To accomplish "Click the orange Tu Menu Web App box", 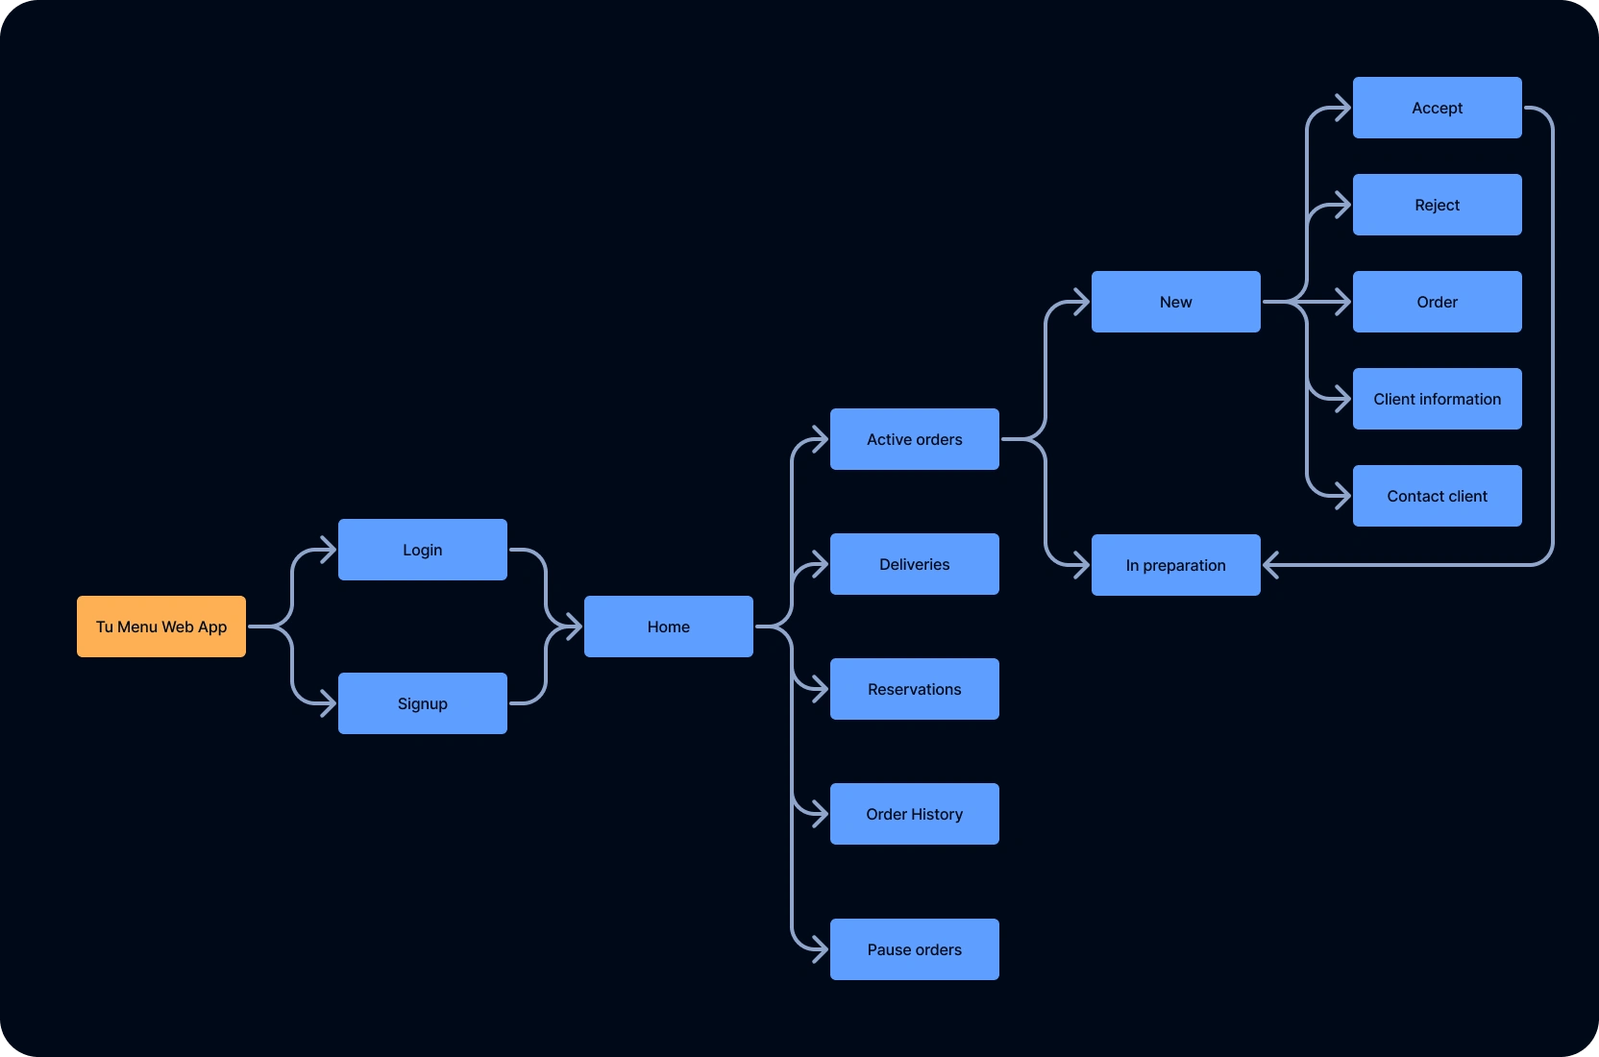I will point(161,627).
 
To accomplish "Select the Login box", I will point(423,550).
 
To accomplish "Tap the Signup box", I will point(423,703).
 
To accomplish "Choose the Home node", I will point(669,627).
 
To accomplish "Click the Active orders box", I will point(915,439).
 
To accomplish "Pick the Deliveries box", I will point(915,564).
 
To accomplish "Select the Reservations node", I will point(915,689).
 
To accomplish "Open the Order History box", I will point(915,814).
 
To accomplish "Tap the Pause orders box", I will point(915,949).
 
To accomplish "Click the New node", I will point(1176,302).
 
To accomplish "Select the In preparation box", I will point(1176,565).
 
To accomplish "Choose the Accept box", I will point(1438,108).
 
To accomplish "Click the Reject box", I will point(1438,205).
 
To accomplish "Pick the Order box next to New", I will point(1438,302).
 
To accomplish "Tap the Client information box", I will point(1438,399).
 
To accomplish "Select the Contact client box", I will point(1438,496).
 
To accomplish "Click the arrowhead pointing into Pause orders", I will point(820,949).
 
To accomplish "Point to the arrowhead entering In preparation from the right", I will point(1271,565).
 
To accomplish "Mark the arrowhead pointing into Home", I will point(574,627).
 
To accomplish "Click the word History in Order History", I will point(937,815).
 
